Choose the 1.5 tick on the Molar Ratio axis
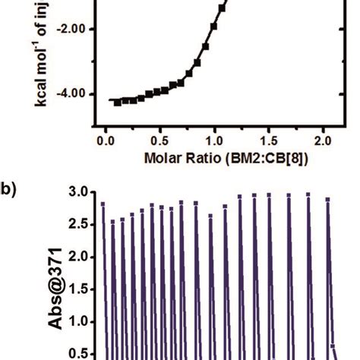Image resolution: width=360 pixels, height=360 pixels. [270, 141]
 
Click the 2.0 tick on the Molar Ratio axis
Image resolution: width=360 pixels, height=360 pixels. [324, 141]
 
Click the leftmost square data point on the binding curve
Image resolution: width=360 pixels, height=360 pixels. [117, 103]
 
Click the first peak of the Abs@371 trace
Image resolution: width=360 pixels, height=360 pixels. [103, 204]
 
